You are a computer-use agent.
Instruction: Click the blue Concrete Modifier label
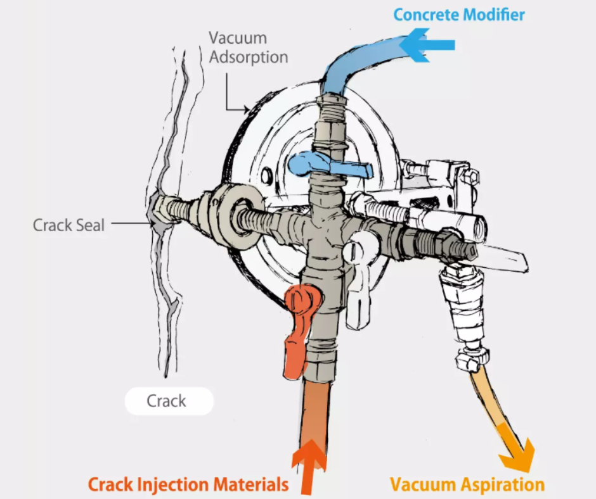tap(458, 15)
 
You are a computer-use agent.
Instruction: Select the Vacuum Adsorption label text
tap(248, 47)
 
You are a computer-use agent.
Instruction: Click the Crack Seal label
tap(68, 225)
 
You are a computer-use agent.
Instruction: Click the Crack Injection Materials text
tap(188, 485)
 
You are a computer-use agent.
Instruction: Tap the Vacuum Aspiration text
tap(467, 485)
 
